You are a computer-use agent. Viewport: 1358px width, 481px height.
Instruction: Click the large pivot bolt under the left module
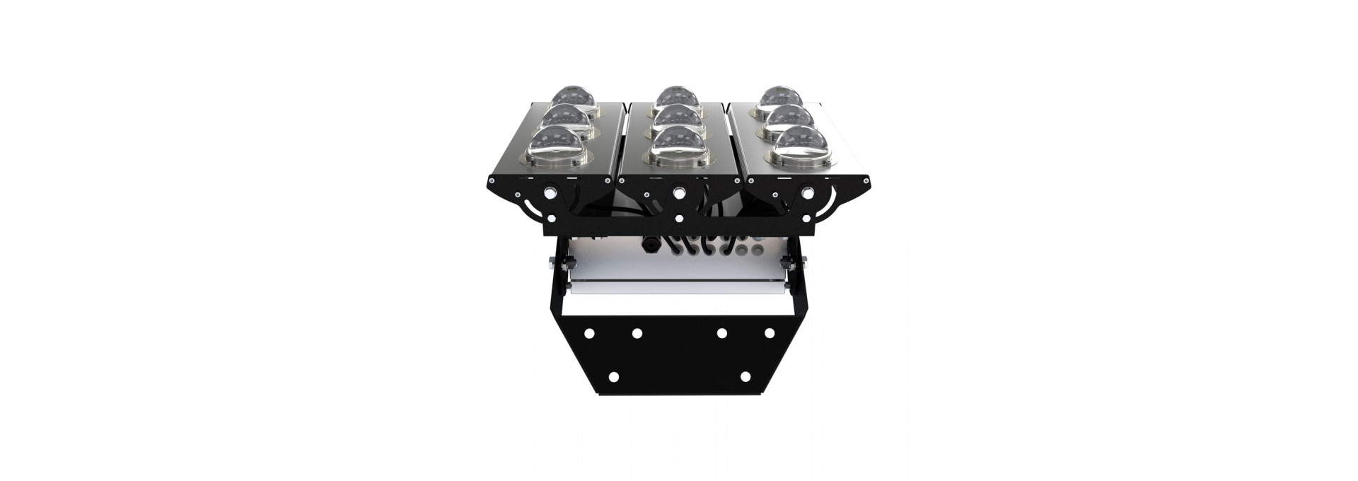(550, 191)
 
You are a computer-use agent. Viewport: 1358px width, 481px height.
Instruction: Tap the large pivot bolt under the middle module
(679, 191)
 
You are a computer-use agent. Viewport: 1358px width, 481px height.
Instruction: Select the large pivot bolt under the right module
(807, 191)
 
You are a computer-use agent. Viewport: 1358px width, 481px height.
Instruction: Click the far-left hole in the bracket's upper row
(587, 332)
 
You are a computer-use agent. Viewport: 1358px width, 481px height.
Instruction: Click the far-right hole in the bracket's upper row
(770, 332)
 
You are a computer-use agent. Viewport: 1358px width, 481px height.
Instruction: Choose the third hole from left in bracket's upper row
(721, 332)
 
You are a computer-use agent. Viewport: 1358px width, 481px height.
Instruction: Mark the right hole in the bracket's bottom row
(745, 376)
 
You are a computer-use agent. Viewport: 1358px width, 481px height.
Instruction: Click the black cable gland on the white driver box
(647, 245)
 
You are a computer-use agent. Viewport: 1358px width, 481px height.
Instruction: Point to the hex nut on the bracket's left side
(552, 264)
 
